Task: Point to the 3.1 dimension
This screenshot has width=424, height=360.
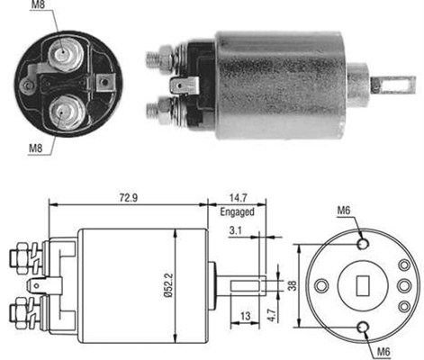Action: [x=234, y=232]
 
